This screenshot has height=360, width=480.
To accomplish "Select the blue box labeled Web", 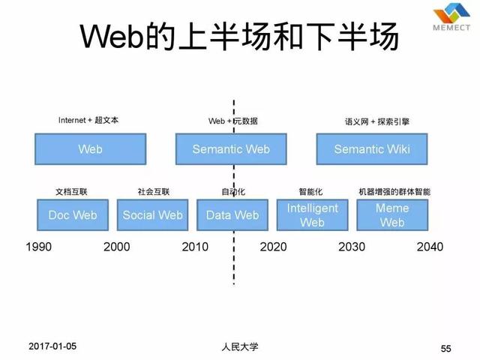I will (90, 149).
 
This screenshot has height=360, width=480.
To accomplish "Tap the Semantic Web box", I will (231, 149).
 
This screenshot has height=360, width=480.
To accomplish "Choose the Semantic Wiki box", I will (372, 149).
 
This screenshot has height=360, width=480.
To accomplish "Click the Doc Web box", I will (73, 215).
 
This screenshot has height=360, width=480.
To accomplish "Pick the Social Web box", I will (153, 215).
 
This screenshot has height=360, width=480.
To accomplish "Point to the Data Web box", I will (232, 215).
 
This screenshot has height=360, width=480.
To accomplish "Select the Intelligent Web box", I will (313, 215).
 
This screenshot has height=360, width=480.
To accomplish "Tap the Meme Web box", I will (391, 215).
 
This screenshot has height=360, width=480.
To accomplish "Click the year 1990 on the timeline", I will (38, 247).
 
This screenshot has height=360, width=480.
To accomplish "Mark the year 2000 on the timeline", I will (116, 247).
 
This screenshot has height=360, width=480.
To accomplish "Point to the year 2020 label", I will (274, 247).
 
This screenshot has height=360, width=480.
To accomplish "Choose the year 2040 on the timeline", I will (430, 247).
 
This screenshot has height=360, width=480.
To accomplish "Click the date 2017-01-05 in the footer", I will (52, 346).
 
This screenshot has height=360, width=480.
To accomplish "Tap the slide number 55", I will (446, 349).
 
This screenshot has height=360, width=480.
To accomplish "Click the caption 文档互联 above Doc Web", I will (72, 191).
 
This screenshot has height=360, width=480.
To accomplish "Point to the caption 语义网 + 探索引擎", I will (372, 121).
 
